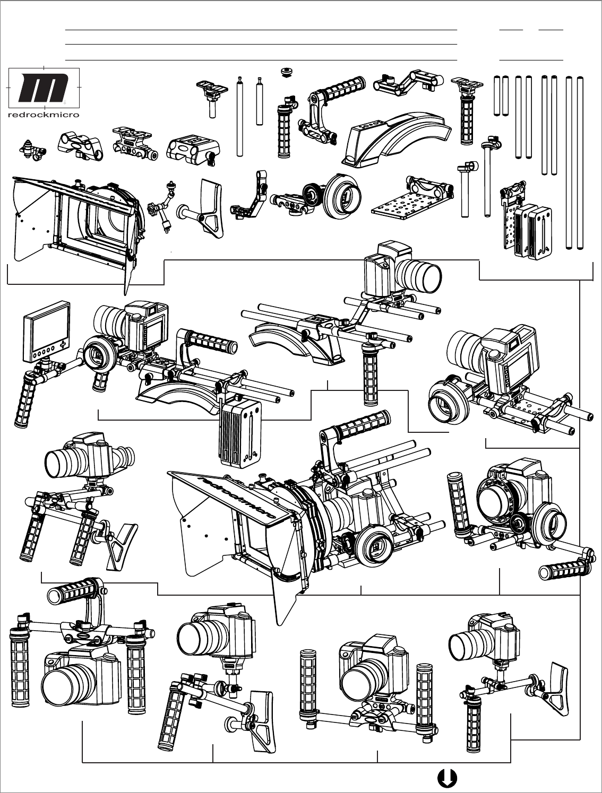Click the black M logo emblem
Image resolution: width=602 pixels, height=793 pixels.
pos(44,88)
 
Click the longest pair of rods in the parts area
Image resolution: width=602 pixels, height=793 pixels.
pos(574,162)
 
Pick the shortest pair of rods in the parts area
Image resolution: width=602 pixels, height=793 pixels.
pos(501,95)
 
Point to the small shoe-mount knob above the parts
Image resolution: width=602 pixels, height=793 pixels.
pos(286,72)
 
